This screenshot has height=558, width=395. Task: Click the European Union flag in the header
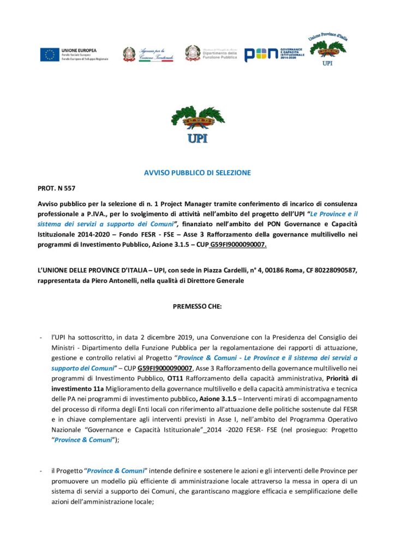click(50, 54)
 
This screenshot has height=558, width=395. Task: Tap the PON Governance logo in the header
click(272, 54)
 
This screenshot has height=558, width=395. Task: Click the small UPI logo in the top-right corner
click(327, 50)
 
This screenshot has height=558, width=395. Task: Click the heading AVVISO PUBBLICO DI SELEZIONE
click(197, 173)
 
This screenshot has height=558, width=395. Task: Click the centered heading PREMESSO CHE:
click(197, 306)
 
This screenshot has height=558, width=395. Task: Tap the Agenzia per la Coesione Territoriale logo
click(147, 54)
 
